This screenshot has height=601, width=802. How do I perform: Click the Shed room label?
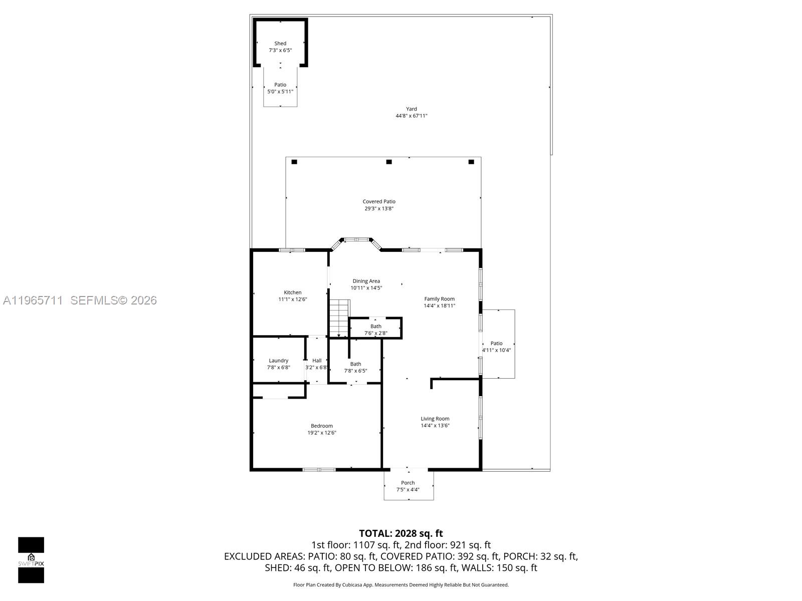(x=280, y=44)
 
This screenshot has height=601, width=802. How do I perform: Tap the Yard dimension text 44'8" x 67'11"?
(x=411, y=116)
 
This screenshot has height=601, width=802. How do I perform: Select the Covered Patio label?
(x=379, y=201)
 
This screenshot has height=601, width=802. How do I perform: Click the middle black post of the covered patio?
(x=388, y=162)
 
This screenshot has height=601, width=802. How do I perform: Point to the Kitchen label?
(x=293, y=292)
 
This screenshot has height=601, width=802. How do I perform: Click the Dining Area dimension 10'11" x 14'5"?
(x=366, y=288)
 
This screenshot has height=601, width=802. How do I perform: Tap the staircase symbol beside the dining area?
(x=339, y=318)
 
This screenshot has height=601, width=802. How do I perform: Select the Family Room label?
(x=439, y=299)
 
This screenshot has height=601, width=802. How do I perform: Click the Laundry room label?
(x=278, y=361)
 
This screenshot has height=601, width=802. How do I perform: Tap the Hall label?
(x=317, y=361)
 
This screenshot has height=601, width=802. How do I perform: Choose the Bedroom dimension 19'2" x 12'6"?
(x=322, y=433)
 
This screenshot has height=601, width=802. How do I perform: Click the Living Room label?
(x=435, y=419)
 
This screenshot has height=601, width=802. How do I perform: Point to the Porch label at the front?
(x=408, y=483)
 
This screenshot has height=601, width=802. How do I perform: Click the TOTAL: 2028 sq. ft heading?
(x=400, y=533)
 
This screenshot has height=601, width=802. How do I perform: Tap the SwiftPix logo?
(x=31, y=560)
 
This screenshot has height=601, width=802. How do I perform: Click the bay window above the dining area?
(x=357, y=240)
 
